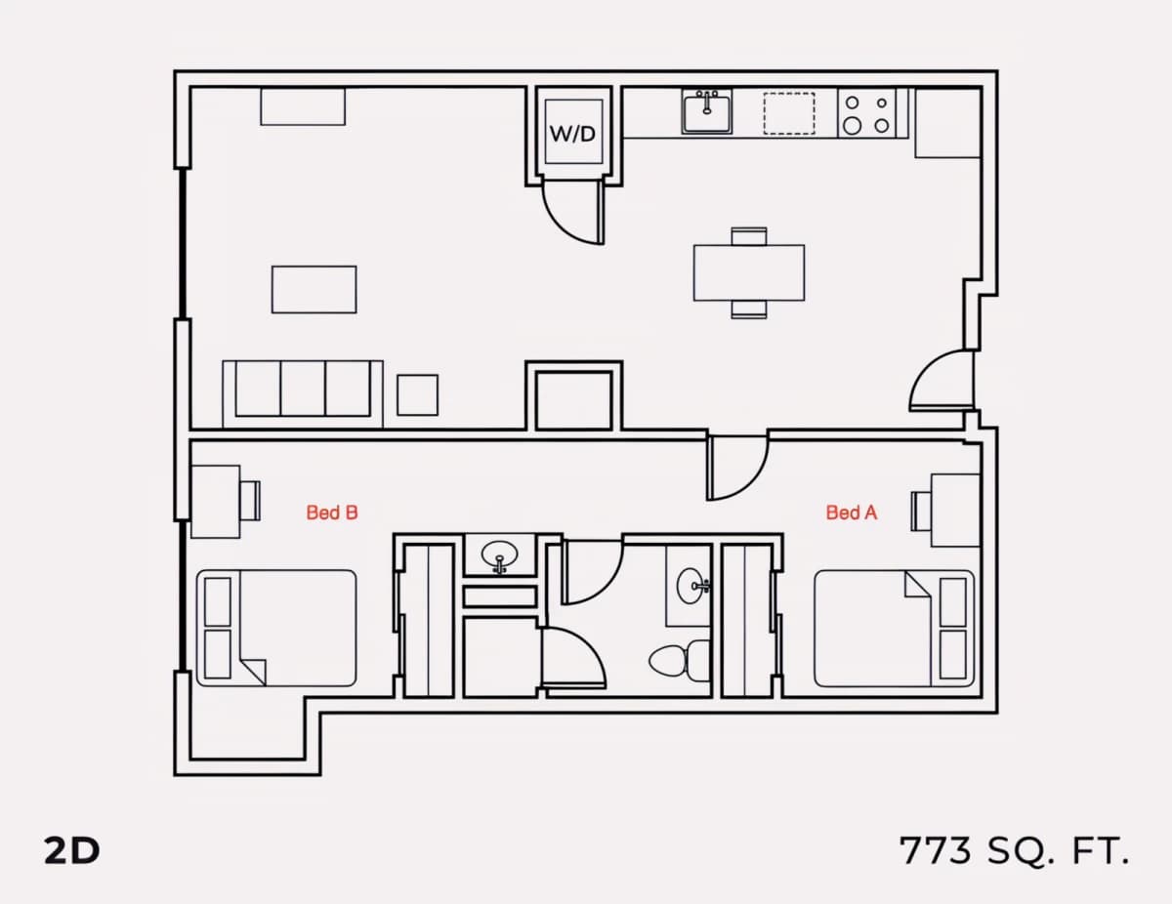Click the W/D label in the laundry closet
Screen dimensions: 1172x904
point(572,134)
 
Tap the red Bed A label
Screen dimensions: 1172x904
point(852,513)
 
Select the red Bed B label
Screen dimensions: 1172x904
point(332,513)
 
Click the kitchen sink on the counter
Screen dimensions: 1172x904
point(706,111)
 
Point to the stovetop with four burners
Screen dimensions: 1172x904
point(866,113)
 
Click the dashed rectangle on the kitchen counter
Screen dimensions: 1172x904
point(789,113)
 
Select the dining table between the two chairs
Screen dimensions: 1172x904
point(749,272)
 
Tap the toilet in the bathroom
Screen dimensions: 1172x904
point(680,661)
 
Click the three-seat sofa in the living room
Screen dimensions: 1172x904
point(303,394)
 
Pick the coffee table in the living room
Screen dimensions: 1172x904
point(314,290)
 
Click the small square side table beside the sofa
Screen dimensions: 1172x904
point(417,395)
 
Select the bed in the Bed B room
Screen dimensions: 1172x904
point(276,629)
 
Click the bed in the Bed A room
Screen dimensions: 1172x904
point(895,629)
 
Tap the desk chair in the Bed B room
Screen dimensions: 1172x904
point(250,501)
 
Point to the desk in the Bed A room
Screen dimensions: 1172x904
point(955,511)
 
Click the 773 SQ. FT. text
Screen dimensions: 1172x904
point(1014,851)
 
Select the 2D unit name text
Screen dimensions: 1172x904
point(71,851)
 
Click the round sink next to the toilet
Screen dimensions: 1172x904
point(691,585)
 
